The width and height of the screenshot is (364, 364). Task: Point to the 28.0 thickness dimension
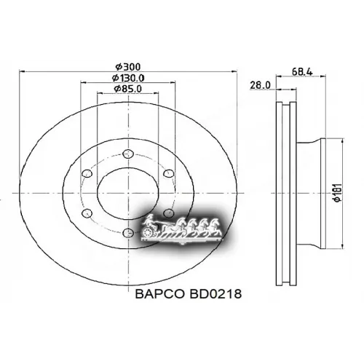(x=260, y=84)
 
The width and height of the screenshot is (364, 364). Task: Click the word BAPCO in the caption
(x=161, y=296)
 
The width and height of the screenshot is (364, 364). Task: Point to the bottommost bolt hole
(x=128, y=234)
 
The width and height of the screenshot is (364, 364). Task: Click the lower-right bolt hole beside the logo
(x=168, y=213)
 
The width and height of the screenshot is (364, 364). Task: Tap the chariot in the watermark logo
(x=154, y=229)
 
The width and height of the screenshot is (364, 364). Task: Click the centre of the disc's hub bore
(x=127, y=193)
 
